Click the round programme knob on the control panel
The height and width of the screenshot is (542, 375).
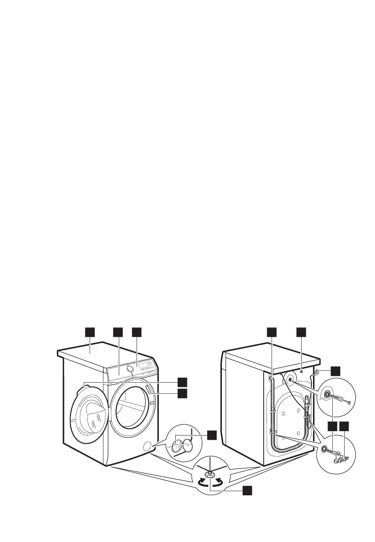(x=129, y=368)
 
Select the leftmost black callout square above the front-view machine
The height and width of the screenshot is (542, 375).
(x=90, y=332)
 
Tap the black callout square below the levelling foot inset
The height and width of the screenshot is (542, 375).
(x=247, y=490)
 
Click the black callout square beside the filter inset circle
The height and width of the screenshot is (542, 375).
(x=212, y=435)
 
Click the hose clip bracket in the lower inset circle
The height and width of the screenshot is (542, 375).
(x=339, y=458)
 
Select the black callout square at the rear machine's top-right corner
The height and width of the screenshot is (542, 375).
(x=335, y=371)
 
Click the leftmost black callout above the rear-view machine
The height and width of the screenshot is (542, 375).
(x=272, y=332)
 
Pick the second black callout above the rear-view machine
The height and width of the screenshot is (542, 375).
(x=301, y=332)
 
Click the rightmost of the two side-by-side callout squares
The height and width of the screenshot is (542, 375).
(x=345, y=426)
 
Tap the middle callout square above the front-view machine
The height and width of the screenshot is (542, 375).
(x=118, y=332)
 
